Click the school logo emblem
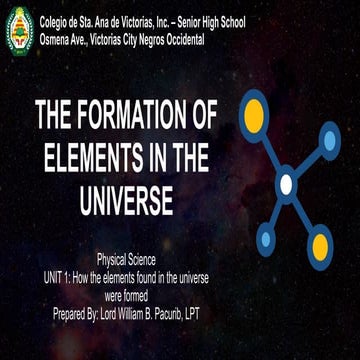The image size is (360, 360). click(19, 30)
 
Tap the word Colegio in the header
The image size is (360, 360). click(60, 22)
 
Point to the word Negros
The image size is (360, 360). click(169, 39)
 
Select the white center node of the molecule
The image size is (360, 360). click(286, 184)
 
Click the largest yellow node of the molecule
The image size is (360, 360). click(254, 111)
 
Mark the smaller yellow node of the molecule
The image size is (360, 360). click(320, 243)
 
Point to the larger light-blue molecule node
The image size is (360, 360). click(330, 140)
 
